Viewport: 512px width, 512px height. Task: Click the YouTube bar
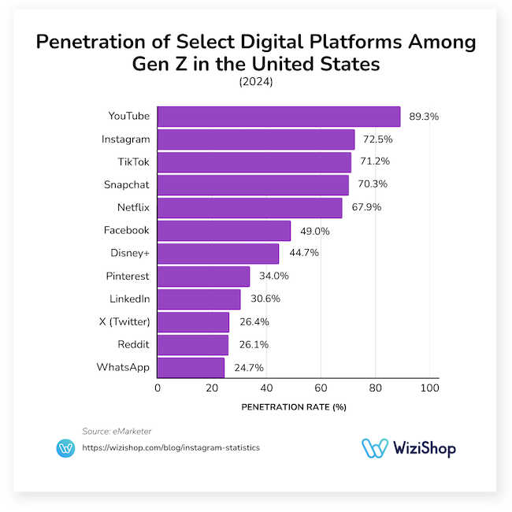click(279, 117)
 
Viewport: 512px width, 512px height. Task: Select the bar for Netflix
click(250, 208)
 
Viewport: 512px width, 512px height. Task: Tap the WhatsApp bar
click(191, 367)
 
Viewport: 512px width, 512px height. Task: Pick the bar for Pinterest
click(204, 276)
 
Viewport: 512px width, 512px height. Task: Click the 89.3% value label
click(424, 117)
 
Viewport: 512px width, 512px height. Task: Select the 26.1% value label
click(253, 345)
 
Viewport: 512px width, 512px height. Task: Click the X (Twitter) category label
click(124, 321)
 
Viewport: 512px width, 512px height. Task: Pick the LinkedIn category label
click(129, 299)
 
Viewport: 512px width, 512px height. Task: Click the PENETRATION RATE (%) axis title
click(293, 407)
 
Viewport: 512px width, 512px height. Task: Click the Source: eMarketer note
click(117, 431)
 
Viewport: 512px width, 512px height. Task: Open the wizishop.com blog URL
click(171, 447)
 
